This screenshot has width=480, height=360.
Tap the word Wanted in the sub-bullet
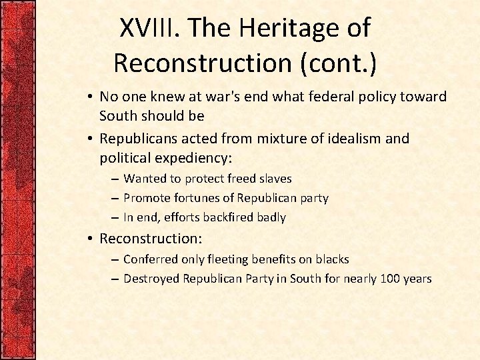[145, 179]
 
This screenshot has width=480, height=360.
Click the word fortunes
[191, 198]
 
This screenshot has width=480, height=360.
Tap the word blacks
[331, 259]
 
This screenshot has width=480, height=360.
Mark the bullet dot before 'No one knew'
[89, 97]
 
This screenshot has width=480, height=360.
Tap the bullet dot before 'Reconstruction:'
[89, 238]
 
